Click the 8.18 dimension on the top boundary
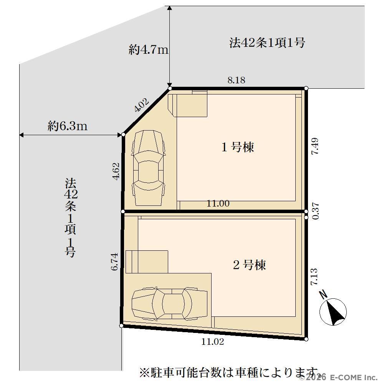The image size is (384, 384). click(x=236, y=80)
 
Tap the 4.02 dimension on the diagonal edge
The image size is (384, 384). click(x=142, y=105)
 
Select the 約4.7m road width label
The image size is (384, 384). click(x=149, y=50)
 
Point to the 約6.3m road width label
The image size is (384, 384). click(x=67, y=126)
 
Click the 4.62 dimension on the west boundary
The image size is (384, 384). click(x=116, y=171)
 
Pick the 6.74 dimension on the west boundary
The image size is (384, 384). click(x=114, y=262)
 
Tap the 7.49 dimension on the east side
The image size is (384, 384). click(x=315, y=146)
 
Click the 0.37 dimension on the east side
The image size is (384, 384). click(x=316, y=211)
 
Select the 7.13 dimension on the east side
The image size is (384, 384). click(x=314, y=276)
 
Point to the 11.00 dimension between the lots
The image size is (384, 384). click(x=218, y=203)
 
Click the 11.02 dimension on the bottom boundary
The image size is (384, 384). click(x=213, y=342)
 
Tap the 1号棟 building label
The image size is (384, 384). click(x=238, y=147)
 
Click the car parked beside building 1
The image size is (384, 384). click(x=148, y=169)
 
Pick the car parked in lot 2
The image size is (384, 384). click(x=169, y=304)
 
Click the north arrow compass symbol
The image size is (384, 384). click(x=333, y=310)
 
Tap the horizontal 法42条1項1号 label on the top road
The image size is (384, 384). click(x=267, y=43)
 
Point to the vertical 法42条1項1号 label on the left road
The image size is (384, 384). click(x=70, y=217)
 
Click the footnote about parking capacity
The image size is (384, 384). click(x=229, y=373)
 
